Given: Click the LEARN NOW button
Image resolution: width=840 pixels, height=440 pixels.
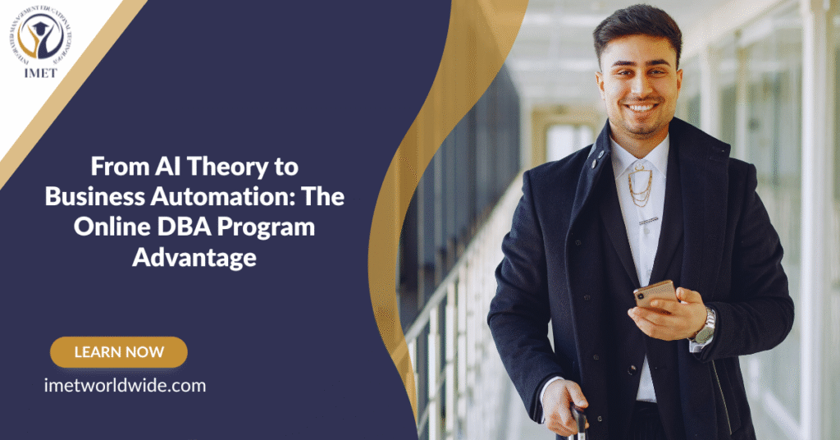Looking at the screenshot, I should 119,352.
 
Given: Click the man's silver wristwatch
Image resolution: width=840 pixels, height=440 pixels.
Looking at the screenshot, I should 703,328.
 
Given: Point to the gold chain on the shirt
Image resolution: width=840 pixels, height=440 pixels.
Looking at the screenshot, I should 639,189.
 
